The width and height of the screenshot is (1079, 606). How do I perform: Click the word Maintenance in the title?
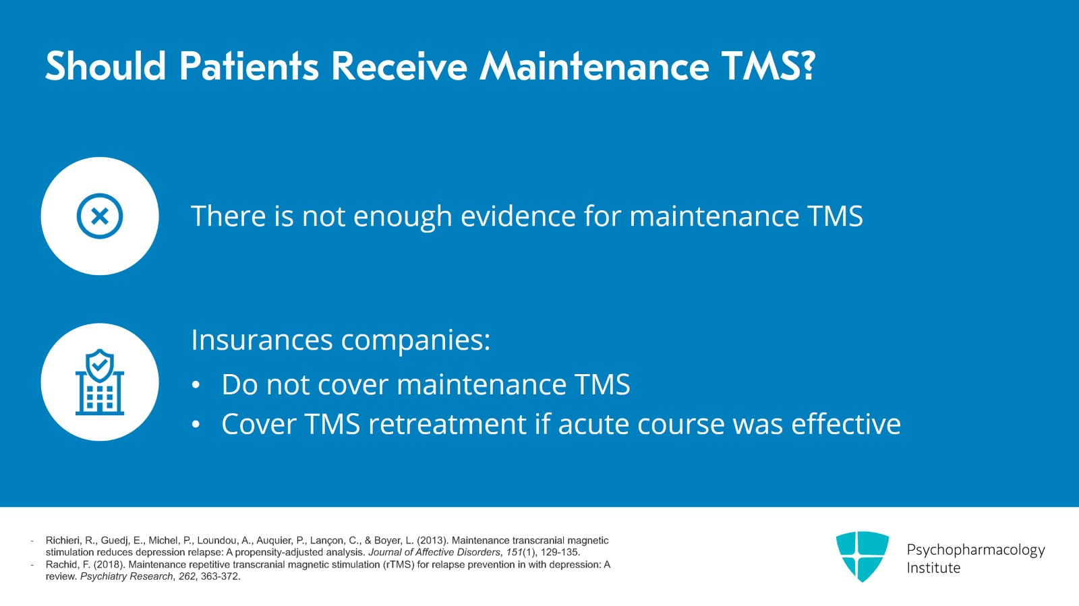point(594,66)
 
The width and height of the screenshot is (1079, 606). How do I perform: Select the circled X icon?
point(100,216)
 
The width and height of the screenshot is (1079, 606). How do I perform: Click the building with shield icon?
point(100,382)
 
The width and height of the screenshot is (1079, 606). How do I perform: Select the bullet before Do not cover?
point(196,385)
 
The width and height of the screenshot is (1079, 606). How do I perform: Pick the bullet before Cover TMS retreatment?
point(196,425)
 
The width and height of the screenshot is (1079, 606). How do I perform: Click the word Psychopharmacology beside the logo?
point(975,549)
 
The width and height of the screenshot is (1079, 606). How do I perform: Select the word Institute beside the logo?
point(933,568)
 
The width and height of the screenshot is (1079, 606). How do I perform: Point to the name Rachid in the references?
point(61,565)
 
